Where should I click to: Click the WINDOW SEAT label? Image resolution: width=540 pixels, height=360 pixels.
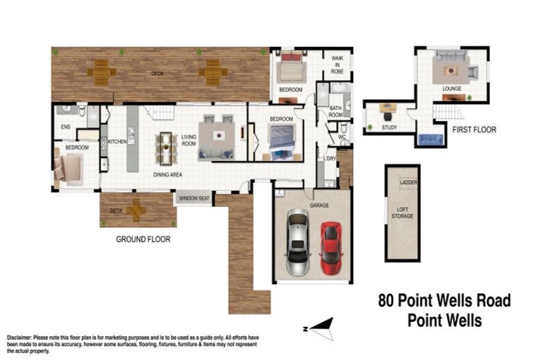[195, 199]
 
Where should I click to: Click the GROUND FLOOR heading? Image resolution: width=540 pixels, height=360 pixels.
[143, 239]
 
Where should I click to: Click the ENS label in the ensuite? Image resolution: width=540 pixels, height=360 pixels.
[66, 127]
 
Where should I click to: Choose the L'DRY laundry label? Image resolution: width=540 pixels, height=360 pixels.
[329, 159]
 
